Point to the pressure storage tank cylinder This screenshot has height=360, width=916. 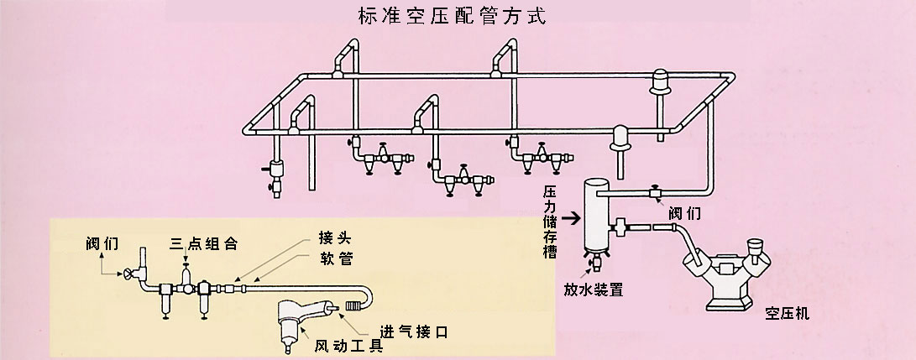click(594, 215)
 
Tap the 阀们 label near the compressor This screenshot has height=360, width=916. click(684, 212)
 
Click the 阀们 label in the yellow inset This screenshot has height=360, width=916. click(101, 243)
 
